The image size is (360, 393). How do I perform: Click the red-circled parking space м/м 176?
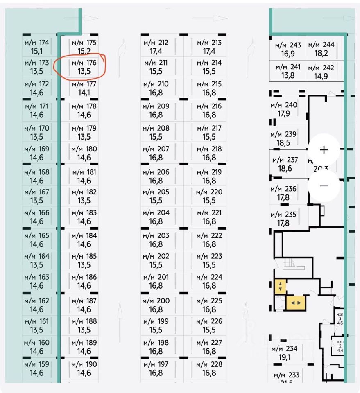84,67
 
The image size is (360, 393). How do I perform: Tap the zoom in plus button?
324,149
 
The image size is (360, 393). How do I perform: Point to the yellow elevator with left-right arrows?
295,303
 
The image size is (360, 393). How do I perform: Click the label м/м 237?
285,160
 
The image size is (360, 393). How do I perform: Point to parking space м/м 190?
84,368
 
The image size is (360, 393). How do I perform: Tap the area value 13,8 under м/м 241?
288,75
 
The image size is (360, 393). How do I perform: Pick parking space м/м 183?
84,217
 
